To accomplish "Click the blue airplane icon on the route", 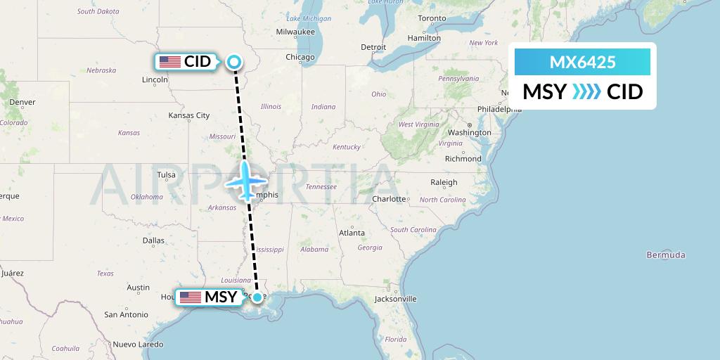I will pos(244,181).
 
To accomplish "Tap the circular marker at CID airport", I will pos(233,62).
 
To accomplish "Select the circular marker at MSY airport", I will pos(258,297).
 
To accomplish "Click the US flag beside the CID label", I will pos(170,62).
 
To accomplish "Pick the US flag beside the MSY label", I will pos(190,297).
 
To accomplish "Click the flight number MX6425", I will pos(582,62).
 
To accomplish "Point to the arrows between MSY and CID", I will pos(586,91).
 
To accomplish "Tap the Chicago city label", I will pos(300,57).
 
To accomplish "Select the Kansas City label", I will pos(189,115).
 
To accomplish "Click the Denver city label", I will pos(22,102).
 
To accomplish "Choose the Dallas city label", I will pos(153,240).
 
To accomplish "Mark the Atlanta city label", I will pos(352,233).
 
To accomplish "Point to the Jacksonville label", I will pos(396,299).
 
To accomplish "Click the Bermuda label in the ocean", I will pos(666,255).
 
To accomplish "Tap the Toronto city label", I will pos(432,18).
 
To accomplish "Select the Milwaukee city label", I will pos(295,32).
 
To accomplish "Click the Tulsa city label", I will pos(167,175).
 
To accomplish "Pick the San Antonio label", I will pos(126,314).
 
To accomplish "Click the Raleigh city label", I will pos(444,182).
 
